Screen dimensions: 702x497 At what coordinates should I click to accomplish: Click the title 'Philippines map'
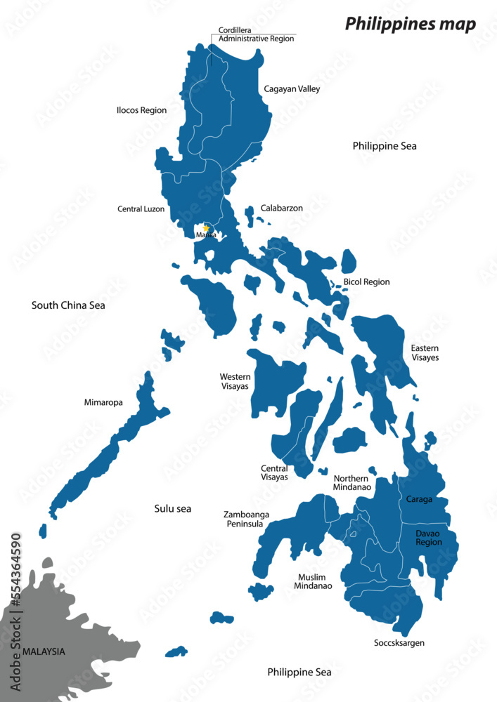click(x=410, y=25)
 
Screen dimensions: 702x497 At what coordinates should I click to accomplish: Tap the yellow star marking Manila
click(x=205, y=228)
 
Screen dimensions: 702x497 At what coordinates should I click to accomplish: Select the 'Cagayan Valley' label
click(x=292, y=89)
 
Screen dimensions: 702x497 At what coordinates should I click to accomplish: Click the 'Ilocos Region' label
click(x=141, y=110)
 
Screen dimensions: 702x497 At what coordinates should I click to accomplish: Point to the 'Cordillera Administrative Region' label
click(x=256, y=34)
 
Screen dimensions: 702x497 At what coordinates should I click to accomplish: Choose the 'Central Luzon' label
click(x=141, y=209)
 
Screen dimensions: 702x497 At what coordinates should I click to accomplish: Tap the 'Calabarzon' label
click(x=281, y=208)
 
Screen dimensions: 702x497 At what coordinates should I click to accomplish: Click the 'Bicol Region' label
click(x=366, y=282)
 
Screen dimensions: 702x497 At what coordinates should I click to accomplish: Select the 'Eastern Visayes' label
click(x=425, y=352)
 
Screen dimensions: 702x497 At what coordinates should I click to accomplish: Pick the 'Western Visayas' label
click(x=235, y=381)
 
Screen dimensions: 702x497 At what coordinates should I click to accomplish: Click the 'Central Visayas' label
click(x=274, y=472)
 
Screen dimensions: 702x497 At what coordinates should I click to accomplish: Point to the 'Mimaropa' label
click(x=103, y=403)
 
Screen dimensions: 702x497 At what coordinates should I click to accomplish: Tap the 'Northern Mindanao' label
click(x=352, y=482)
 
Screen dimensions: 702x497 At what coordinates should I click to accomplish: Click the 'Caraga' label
click(x=419, y=500)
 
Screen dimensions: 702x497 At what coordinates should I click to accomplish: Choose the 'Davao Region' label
click(x=429, y=538)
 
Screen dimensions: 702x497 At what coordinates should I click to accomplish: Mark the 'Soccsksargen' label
click(x=399, y=642)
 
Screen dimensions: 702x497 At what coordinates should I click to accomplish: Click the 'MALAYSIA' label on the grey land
click(x=44, y=651)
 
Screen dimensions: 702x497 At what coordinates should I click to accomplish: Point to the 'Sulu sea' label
click(x=173, y=508)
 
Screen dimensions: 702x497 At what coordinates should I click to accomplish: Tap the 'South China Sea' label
click(x=68, y=305)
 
